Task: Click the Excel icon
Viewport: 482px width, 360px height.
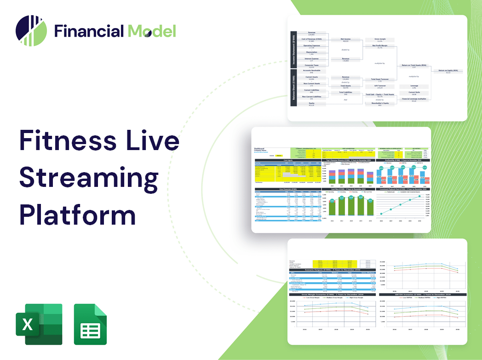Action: click(x=39, y=324)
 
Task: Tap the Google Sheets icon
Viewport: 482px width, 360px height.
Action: click(x=90, y=324)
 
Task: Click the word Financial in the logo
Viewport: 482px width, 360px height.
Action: click(x=89, y=31)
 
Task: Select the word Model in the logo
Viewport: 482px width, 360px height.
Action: click(x=152, y=31)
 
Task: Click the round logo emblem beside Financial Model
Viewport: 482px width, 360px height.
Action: click(x=31, y=31)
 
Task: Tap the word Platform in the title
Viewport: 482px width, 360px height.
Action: click(x=78, y=214)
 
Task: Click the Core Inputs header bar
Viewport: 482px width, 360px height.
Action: click(x=287, y=160)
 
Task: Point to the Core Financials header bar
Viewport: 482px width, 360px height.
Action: click(x=287, y=189)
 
